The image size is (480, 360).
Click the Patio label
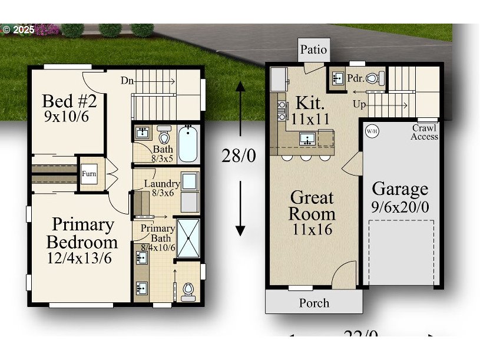tap(313, 49)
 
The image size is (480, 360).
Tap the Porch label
tap(314, 303)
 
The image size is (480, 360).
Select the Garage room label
tap(400, 189)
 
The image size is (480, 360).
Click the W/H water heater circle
tap(372, 131)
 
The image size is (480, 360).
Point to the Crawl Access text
tap(424, 132)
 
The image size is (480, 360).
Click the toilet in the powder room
tap(375, 78)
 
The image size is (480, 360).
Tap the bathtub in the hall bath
tap(188, 143)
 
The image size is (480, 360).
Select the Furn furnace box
tap(89, 174)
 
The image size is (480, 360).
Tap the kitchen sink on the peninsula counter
tap(307, 139)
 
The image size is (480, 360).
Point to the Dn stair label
tap(127, 80)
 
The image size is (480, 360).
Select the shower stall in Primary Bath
tap(188, 237)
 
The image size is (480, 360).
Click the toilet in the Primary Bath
tap(188, 289)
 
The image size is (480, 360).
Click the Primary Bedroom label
tap(82, 233)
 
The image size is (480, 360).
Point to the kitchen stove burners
tap(281, 110)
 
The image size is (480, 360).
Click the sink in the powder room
tap(338, 78)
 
